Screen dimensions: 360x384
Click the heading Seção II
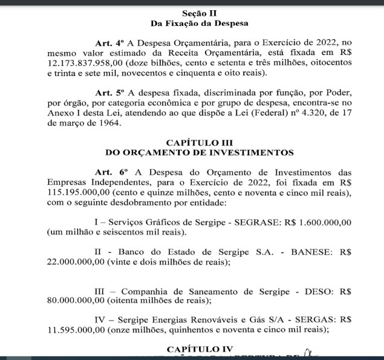click(199, 13)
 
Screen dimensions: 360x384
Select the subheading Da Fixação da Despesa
click(199, 24)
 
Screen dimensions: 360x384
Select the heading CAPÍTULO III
click(199, 142)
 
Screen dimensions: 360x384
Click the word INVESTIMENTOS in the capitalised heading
click(247, 152)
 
